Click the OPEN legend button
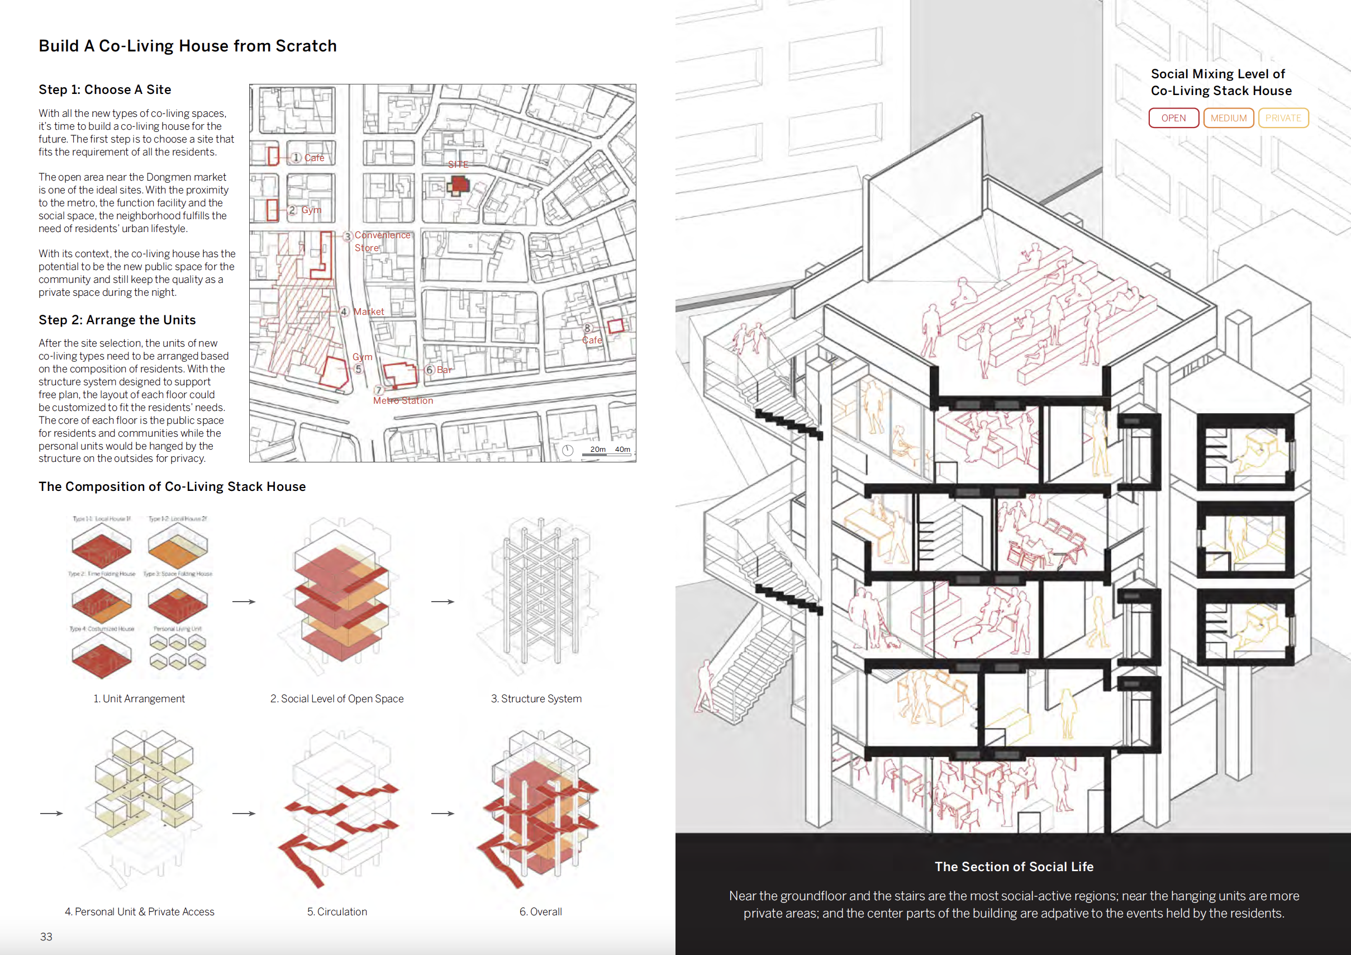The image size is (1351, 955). [1173, 118]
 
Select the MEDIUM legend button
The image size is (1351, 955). [1228, 118]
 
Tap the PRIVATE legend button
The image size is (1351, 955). [1283, 118]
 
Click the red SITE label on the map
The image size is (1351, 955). [458, 164]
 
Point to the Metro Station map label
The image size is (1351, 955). [403, 400]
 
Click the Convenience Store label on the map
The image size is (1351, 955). [382, 241]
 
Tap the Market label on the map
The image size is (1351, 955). [368, 311]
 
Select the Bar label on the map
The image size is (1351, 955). [444, 370]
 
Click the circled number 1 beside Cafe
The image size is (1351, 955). [297, 157]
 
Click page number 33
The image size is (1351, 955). [46, 936]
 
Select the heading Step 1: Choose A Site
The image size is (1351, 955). [104, 89]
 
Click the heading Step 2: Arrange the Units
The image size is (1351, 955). [117, 320]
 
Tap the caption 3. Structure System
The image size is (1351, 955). [536, 698]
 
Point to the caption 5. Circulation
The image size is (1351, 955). [336, 911]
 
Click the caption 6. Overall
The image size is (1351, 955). [540, 911]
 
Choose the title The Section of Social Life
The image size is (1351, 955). [1014, 866]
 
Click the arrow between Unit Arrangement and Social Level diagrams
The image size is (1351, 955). [244, 601]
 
